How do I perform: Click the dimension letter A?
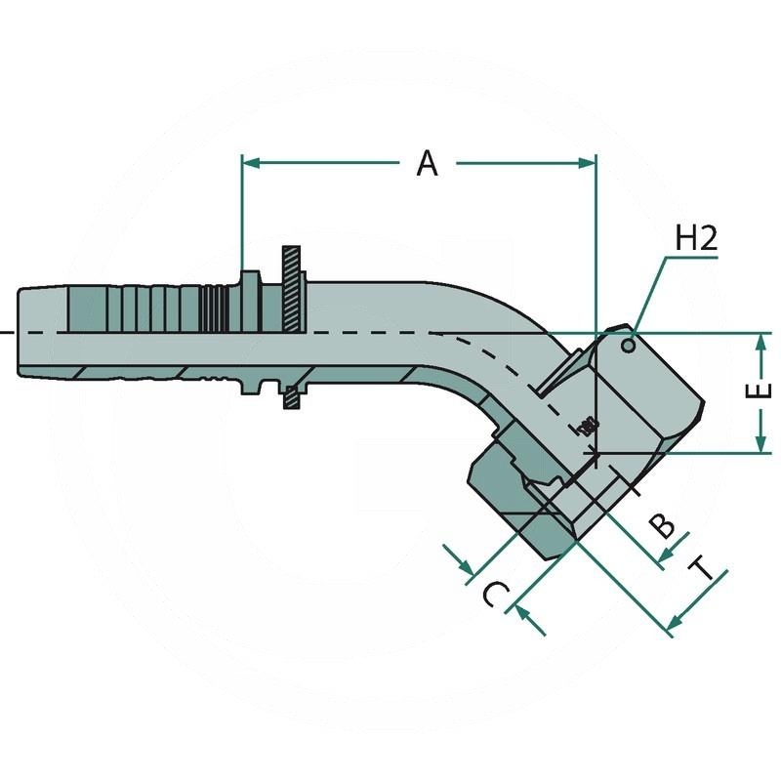(427, 163)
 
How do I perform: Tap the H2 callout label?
(696, 239)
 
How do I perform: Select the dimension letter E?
(763, 391)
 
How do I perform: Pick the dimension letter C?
(495, 593)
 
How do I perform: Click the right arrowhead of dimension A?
(588, 163)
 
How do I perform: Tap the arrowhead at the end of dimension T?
(673, 623)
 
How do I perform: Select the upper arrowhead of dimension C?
(466, 567)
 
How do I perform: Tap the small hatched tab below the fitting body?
(290, 397)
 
